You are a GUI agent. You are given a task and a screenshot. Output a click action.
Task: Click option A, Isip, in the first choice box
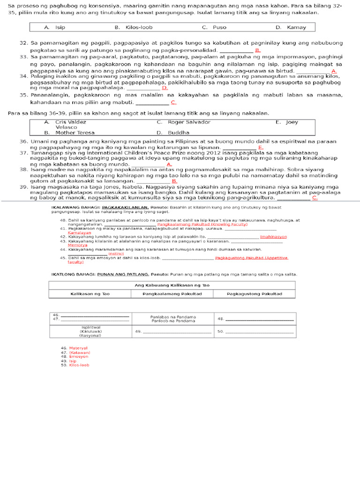pyautogui.click(x=55, y=27)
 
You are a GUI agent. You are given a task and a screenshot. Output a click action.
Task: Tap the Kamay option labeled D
pyautogui.click(x=291, y=27)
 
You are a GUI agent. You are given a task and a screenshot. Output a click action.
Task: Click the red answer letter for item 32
pyautogui.click(x=258, y=50)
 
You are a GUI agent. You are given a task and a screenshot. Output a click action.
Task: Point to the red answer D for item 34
pyautogui.click(x=165, y=88)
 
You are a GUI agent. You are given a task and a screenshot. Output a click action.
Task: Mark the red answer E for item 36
pyautogui.click(x=260, y=147)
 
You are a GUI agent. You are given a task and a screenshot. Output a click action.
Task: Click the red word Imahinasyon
pyautogui.click(x=273, y=237)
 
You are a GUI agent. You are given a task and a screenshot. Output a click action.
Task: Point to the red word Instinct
pyautogui.click(x=116, y=254)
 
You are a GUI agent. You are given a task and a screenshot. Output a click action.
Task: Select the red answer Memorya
pyautogui.click(x=77, y=245)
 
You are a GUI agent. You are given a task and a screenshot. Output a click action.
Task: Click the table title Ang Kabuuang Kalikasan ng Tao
pyautogui.click(x=172, y=285)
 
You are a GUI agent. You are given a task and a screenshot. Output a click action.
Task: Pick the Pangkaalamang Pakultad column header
pyautogui.click(x=172, y=294)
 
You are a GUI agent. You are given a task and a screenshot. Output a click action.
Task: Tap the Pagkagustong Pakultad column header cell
pyautogui.click(x=254, y=294)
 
